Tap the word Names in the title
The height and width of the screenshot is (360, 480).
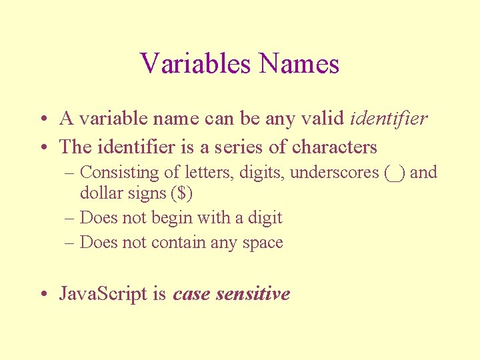(x=299, y=64)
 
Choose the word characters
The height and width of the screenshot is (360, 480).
(x=335, y=147)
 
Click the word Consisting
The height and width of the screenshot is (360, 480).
(x=120, y=173)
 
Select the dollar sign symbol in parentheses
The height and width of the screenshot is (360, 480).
(x=188, y=193)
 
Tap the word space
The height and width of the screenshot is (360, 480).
(x=265, y=243)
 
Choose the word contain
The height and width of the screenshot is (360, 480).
(x=179, y=243)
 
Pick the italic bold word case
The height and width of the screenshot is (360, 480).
(x=192, y=294)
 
